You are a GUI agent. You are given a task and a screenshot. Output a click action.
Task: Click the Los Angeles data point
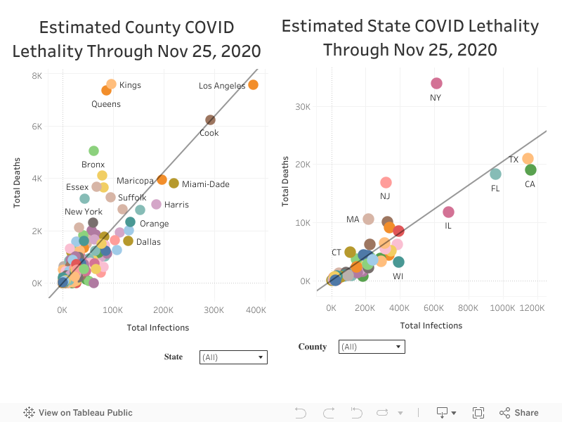click(x=253, y=85)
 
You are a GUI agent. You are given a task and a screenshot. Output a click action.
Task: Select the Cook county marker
click(x=210, y=120)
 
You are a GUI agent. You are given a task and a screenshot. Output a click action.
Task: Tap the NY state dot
click(x=436, y=84)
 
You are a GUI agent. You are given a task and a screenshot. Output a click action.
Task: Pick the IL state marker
click(x=448, y=212)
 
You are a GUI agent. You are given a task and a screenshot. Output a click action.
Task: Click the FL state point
click(x=495, y=174)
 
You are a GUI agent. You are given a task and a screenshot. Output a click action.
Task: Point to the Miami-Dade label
click(x=205, y=184)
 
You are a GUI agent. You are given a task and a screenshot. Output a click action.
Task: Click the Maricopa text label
click(x=135, y=181)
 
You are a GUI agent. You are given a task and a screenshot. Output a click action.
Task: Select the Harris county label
click(x=176, y=205)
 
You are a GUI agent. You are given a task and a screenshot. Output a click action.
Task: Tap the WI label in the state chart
click(x=398, y=276)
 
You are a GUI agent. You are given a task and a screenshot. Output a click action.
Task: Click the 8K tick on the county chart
click(x=36, y=75)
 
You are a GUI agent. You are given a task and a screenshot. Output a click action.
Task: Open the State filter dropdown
click(x=233, y=357)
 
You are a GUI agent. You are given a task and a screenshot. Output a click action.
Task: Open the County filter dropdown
click(x=372, y=347)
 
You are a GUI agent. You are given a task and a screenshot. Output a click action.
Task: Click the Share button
click(x=519, y=413)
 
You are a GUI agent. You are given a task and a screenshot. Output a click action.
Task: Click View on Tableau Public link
click(x=78, y=413)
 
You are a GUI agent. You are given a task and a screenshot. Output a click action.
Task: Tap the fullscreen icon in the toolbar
click(x=478, y=413)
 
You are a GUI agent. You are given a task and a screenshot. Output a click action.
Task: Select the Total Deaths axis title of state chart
click(x=286, y=181)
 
